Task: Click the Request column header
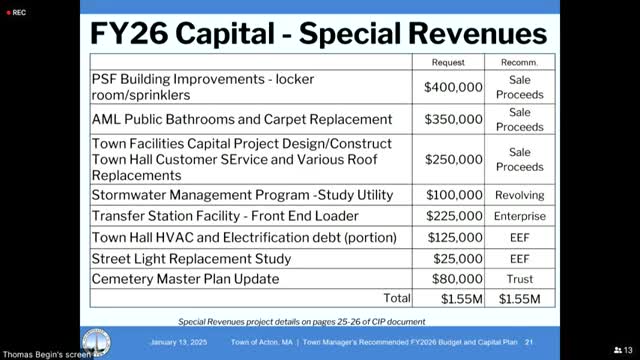[447, 62]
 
